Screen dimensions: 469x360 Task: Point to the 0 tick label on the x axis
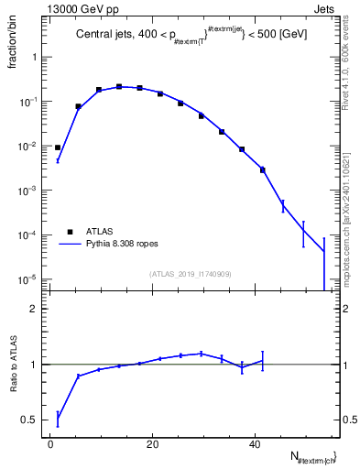pyautogui.click(x=51, y=446)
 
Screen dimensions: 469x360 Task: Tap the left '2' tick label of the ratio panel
pyautogui.click(x=35, y=309)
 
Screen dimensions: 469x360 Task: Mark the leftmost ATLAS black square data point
pyautogui.click(x=58, y=147)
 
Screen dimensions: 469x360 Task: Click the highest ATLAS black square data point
pyautogui.click(x=119, y=87)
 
